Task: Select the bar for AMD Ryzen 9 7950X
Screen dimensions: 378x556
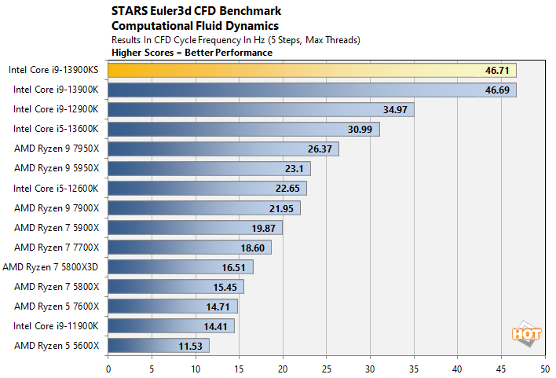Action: pos(223,149)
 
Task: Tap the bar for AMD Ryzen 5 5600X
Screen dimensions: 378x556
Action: pos(159,345)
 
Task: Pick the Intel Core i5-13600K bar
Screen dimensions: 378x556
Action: pos(243,129)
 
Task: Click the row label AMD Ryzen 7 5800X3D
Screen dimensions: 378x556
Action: pos(51,266)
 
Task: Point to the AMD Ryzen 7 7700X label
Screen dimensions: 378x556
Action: pos(57,247)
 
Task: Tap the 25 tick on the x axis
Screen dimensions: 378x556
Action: pos(326,367)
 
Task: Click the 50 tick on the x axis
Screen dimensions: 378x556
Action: pos(544,367)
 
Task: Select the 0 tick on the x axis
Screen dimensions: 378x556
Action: pos(108,367)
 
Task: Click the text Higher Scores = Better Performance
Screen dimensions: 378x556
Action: pos(193,53)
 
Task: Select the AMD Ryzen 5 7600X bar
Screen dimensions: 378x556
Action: pos(173,306)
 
